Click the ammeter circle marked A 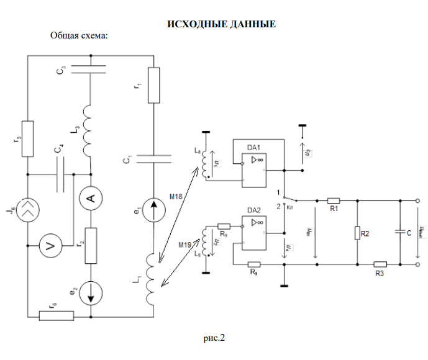tap(91, 199)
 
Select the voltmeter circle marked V tap(51, 247)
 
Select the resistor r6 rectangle tap(57, 315)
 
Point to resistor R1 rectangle tap(334, 200)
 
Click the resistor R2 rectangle tap(358, 233)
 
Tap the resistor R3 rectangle tap(381, 264)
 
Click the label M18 tap(177, 197)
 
